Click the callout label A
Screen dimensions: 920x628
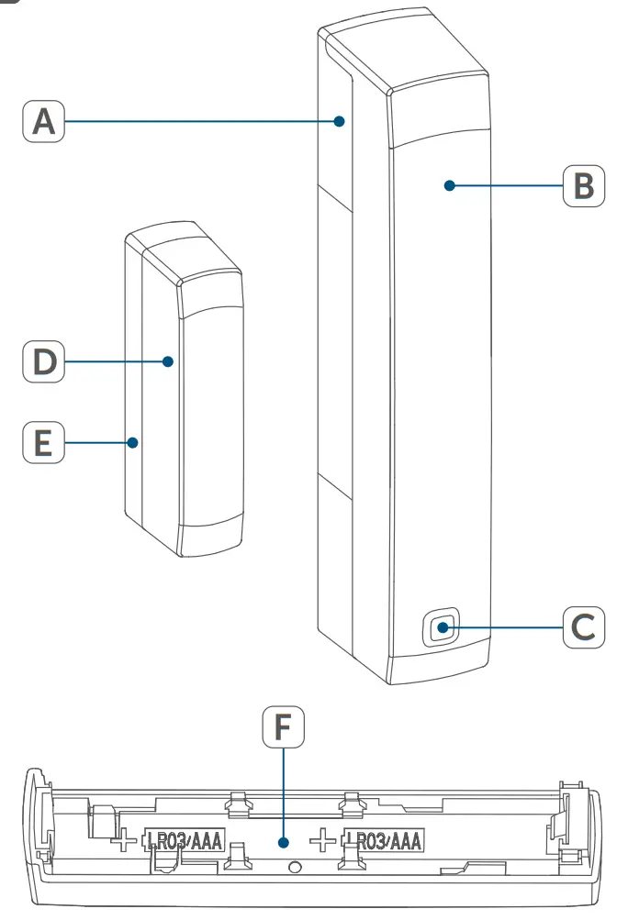(x=43, y=122)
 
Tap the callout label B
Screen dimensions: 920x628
(x=584, y=185)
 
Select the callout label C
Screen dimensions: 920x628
(x=584, y=628)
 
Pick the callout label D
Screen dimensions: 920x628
(x=43, y=362)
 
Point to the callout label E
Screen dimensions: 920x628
(x=43, y=443)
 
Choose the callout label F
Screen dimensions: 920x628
(x=284, y=728)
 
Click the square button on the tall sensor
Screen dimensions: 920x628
(x=443, y=628)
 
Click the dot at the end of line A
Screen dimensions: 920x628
(x=340, y=121)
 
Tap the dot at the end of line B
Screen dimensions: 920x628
(x=449, y=185)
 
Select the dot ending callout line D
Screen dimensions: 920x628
(x=168, y=361)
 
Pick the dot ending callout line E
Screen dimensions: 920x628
(x=133, y=443)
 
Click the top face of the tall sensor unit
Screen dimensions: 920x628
(x=404, y=50)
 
